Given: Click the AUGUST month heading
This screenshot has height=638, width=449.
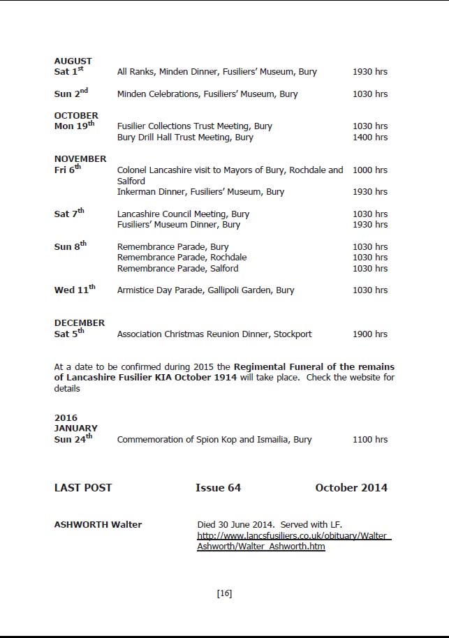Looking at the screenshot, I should point(73,61).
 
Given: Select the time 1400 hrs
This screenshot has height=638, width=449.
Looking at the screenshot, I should point(370,138).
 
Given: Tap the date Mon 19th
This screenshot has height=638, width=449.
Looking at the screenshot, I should point(74,126).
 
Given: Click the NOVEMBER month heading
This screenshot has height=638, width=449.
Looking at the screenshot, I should point(80,158).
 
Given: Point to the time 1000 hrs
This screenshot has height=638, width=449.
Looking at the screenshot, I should point(370,170).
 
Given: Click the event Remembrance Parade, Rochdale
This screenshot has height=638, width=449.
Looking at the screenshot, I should point(182,258).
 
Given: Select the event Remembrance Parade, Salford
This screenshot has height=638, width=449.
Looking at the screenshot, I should point(177,268).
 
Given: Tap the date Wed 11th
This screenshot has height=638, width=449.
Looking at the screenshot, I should point(75,290).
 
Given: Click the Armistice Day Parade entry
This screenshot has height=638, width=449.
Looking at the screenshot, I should point(205,290).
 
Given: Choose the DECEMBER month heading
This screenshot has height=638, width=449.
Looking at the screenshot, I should point(80,322).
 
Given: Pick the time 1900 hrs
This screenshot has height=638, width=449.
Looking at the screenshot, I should point(370,334).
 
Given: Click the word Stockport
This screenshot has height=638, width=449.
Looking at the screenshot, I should point(293,334).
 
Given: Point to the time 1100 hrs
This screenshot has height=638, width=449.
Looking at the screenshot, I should point(370,440).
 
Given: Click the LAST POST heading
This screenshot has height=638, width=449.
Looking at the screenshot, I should point(83,488).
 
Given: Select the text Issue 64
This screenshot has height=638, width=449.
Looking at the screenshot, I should point(218,488).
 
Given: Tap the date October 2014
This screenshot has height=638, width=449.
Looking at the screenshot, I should point(351,488).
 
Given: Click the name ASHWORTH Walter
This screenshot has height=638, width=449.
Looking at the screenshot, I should point(98,525).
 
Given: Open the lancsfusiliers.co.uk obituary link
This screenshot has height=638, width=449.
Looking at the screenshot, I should point(293,541).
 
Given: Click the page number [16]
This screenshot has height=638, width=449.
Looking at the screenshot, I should point(224,593).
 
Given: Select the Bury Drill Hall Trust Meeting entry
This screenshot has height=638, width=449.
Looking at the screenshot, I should point(185,138).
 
